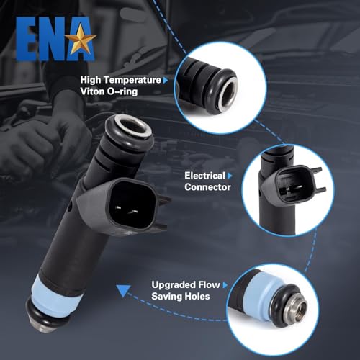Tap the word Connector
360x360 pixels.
pyautogui.click(x=207, y=187)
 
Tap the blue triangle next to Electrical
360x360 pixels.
pyautogui.click(x=232, y=175)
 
